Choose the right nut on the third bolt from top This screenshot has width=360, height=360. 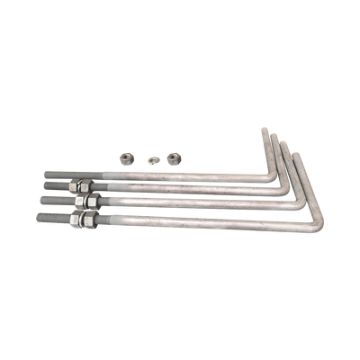92,202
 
